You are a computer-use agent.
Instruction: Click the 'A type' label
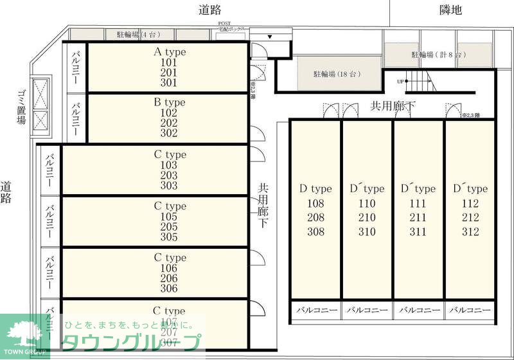(x=169, y=51)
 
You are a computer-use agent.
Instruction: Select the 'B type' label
(x=169, y=102)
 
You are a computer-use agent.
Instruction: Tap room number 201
(x=169, y=72)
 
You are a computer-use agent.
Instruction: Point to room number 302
(x=169, y=134)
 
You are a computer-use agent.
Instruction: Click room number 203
(x=169, y=175)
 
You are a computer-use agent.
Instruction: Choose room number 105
(x=169, y=217)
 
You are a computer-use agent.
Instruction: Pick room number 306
(x=169, y=289)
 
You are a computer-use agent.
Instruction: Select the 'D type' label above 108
(x=315, y=189)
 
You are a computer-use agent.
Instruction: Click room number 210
(x=367, y=217)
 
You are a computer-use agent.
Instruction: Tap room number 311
(x=418, y=231)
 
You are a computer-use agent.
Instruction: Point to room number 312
(x=470, y=231)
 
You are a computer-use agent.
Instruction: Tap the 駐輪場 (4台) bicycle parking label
(x=137, y=35)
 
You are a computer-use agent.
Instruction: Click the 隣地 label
(x=451, y=10)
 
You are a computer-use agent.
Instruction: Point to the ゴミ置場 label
(x=21, y=107)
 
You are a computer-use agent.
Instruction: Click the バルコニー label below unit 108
(x=315, y=310)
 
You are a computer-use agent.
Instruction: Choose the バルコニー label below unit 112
(x=470, y=310)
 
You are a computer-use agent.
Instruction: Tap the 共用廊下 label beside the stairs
(x=393, y=105)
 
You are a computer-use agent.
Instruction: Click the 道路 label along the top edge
(x=210, y=10)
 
